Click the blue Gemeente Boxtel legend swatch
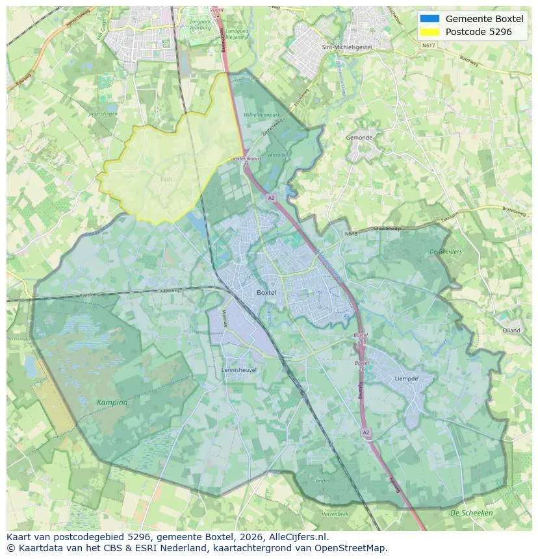click(429, 19)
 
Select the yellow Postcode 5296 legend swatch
click(429, 31)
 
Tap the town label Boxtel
click(266, 293)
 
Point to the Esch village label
click(167, 179)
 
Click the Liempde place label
click(406, 379)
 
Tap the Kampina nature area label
click(112, 403)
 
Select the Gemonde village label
click(359, 138)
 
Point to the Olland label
click(511, 330)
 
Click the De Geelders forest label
click(446, 251)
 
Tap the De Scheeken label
click(471, 513)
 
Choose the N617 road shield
click(428, 45)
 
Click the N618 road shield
click(352, 233)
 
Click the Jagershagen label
click(104, 114)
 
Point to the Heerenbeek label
click(335, 514)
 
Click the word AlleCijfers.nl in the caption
click(297, 537)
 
